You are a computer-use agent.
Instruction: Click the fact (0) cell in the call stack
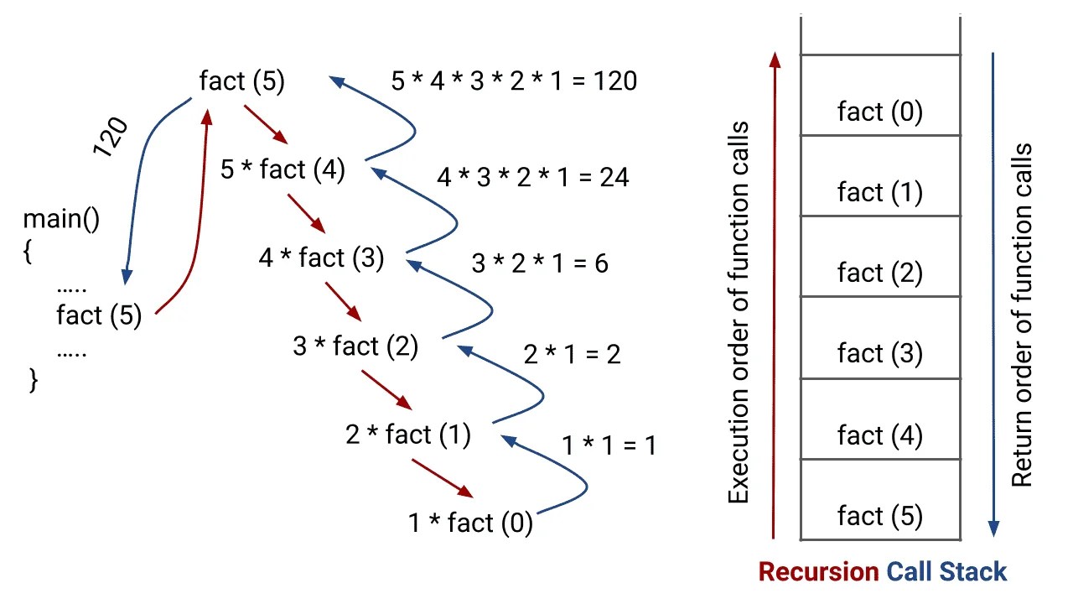point(879,112)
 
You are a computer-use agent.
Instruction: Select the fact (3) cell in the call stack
point(879,353)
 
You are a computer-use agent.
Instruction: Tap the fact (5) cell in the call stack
point(879,515)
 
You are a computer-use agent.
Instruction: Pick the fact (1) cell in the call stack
point(879,192)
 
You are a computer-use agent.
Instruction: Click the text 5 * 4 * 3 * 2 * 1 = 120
point(514,81)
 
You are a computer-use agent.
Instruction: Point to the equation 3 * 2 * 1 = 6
point(540,263)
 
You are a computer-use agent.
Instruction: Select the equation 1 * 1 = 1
point(609,445)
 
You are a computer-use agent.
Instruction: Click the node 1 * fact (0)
point(470,523)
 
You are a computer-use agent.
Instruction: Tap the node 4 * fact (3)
point(321,258)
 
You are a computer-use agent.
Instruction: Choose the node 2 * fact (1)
point(408,435)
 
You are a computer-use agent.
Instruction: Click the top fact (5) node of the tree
point(242,81)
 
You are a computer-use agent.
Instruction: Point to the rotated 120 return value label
point(110,137)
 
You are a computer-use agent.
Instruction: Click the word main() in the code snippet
point(61,220)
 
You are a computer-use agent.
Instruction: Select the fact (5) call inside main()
point(99,315)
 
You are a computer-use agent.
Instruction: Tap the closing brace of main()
point(34,380)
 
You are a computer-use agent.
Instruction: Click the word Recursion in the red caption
point(818,572)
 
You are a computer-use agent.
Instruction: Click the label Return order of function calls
point(1022,315)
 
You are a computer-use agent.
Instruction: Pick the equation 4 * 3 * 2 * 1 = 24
point(532,177)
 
